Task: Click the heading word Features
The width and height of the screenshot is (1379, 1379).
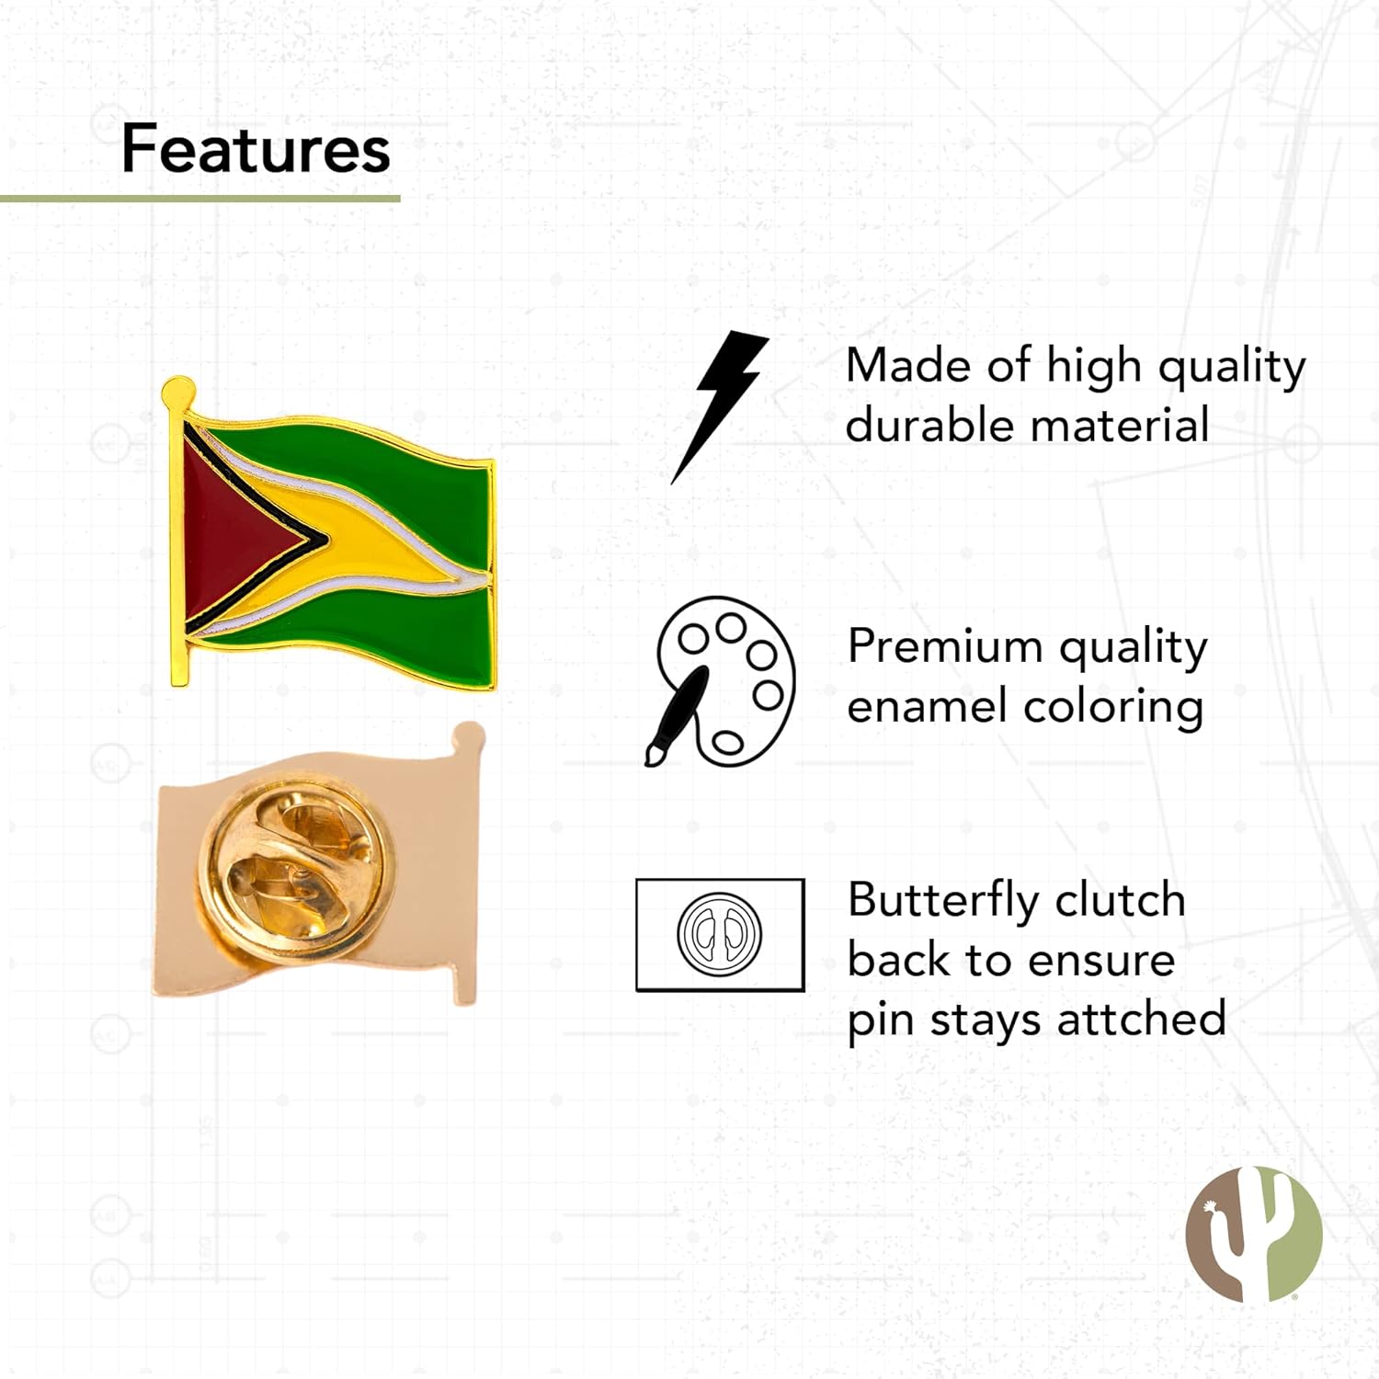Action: (256, 149)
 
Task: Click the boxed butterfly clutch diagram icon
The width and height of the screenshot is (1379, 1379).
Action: (720, 935)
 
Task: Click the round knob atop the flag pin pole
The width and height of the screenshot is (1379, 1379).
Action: (178, 393)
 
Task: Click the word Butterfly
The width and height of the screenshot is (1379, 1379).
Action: (945, 900)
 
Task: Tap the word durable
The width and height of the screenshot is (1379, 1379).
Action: (929, 426)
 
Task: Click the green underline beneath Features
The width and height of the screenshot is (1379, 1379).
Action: (199, 198)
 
